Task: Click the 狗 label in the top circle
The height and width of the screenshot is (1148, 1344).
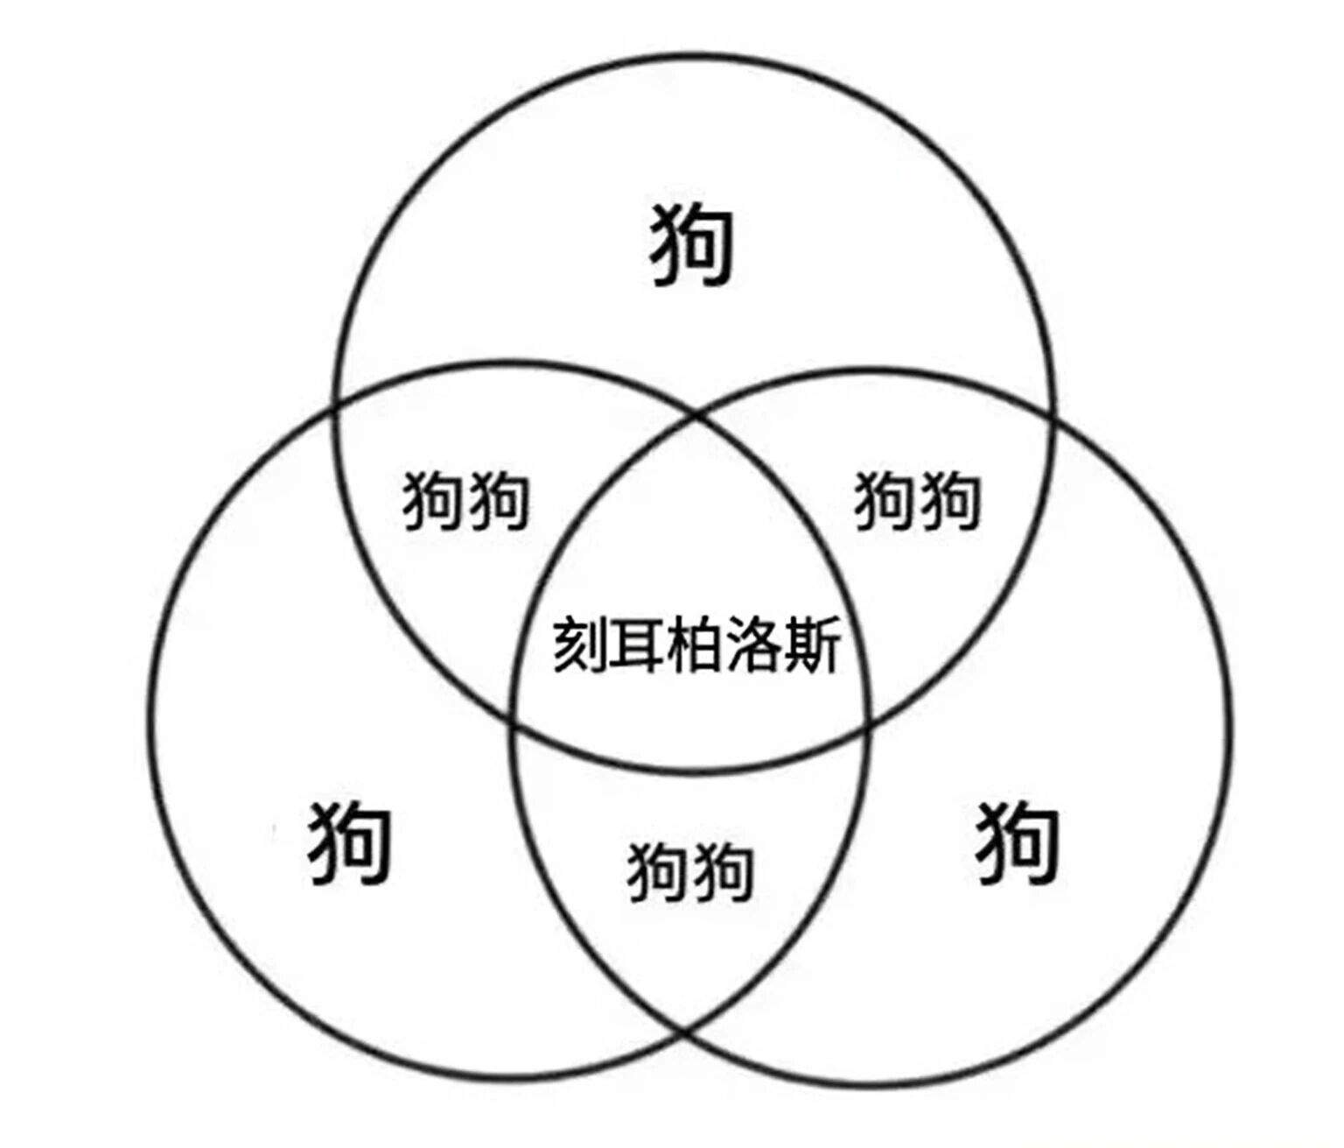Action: point(690,247)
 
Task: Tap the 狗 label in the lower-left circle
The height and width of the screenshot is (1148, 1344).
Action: point(348,845)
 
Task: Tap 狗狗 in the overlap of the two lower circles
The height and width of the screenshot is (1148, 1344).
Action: point(690,871)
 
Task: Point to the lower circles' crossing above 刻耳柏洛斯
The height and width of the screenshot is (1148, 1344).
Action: point(696,414)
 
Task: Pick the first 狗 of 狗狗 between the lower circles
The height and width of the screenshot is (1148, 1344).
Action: point(658,871)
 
